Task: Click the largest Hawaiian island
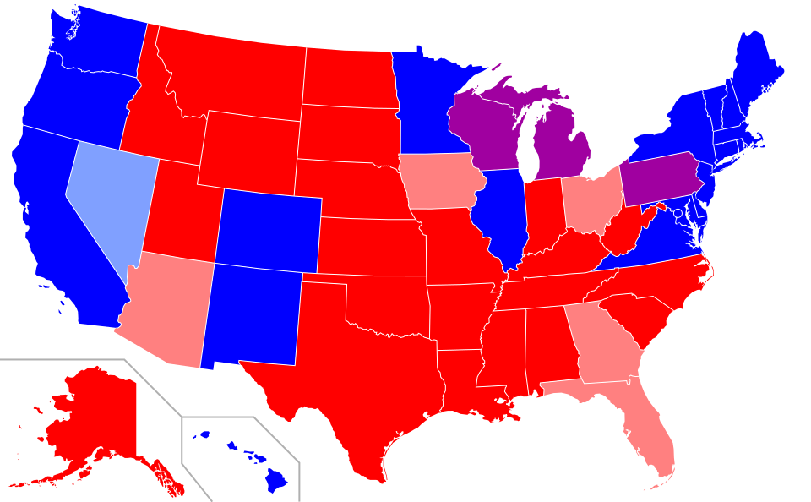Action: coord(276,481)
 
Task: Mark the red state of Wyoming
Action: coord(249,152)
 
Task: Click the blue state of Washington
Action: coord(97,42)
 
